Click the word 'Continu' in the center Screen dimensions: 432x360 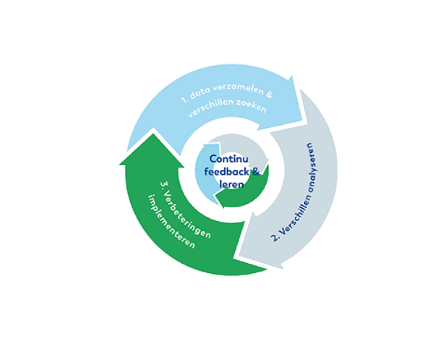[229, 159]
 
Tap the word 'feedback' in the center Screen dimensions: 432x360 [226, 171]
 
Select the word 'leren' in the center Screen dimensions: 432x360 [232, 185]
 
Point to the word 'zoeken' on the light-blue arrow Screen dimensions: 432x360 [251, 106]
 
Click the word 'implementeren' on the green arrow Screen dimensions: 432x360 [171, 221]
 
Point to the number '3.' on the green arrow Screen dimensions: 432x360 [164, 185]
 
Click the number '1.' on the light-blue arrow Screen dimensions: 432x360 [185, 99]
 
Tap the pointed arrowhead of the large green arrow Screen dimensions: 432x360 [153, 134]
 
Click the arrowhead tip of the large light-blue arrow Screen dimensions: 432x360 [302, 120]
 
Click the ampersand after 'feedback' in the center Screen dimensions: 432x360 [256, 171]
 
